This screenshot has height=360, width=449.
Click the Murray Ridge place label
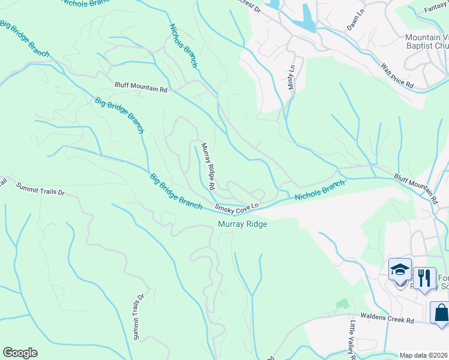point(242,224)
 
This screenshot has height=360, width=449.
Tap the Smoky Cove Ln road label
point(237,208)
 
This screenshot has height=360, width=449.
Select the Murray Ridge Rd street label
point(208,166)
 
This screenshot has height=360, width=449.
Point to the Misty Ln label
point(292,78)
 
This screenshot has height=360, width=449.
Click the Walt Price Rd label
point(393,76)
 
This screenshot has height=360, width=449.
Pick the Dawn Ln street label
point(356,23)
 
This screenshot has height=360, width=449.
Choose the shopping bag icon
point(441,312)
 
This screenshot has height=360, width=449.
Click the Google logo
point(20,353)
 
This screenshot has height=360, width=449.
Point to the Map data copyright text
point(423,355)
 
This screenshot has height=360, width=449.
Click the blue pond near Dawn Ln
point(307,18)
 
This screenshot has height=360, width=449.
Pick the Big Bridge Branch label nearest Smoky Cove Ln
point(175,191)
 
